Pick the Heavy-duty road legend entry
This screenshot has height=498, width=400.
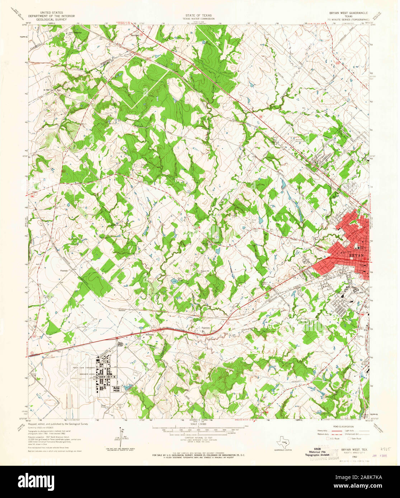(322, 431)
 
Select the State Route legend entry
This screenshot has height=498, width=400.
(355, 439)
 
